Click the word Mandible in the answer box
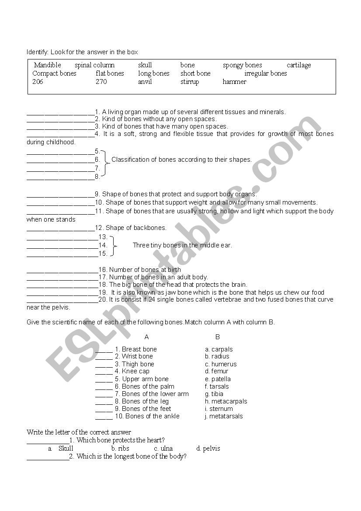(48, 65)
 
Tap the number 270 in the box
(101, 82)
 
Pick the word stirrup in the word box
(190, 82)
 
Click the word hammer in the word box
(234, 82)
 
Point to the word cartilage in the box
(299, 65)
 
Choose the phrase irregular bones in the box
(266, 73)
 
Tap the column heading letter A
(147, 337)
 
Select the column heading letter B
(218, 337)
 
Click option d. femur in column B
(217, 371)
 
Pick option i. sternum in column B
(219, 409)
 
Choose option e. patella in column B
(218, 379)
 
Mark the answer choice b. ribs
(120, 448)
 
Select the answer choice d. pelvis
(208, 448)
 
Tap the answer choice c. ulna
(163, 448)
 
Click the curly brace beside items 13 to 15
(114, 245)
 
